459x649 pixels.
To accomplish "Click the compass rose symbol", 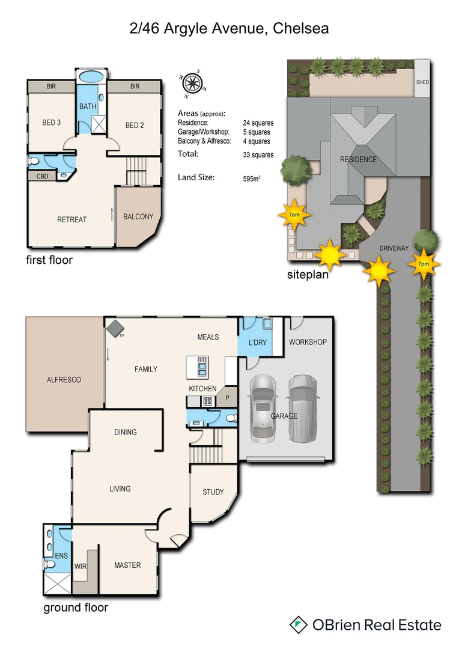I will tap(192, 85).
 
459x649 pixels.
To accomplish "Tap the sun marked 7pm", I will tap(425, 263).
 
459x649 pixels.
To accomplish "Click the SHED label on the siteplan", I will tap(422, 82).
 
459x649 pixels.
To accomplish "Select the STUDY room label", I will tap(213, 492).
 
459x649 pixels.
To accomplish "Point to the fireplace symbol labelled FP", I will tap(113, 327).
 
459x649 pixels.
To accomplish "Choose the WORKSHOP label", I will tap(308, 342).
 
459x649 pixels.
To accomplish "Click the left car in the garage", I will tap(263, 406).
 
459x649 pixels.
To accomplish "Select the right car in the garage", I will tap(303, 407).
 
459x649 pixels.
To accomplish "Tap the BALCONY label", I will tap(138, 217).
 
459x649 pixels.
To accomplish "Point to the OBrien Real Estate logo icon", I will tap(297, 624).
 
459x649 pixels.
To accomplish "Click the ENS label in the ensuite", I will tap(61, 556).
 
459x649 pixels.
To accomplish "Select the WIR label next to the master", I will tap(81, 566).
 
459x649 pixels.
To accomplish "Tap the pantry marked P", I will tap(227, 397).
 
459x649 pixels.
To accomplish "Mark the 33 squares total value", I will tap(258, 155).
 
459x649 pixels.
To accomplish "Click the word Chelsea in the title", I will tap(300, 28).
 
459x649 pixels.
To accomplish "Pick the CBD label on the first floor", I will tap(43, 177).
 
